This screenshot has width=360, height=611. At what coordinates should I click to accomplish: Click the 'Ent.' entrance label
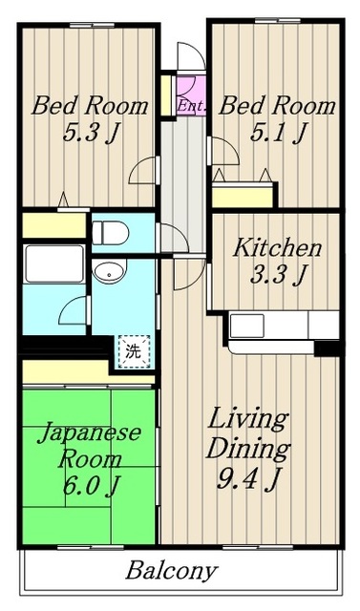click(x=192, y=106)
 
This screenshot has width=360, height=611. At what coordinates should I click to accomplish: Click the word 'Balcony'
click(x=172, y=572)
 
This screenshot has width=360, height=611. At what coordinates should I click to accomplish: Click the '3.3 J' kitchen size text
click(x=278, y=276)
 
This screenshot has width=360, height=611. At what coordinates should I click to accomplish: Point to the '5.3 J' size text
click(x=90, y=133)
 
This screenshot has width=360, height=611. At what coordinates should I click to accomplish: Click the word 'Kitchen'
click(x=277, y=248)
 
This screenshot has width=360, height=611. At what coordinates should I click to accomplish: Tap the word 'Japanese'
click(x=90, y=432)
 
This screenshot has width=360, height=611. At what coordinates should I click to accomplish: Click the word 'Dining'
click(x=250, y=448)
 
